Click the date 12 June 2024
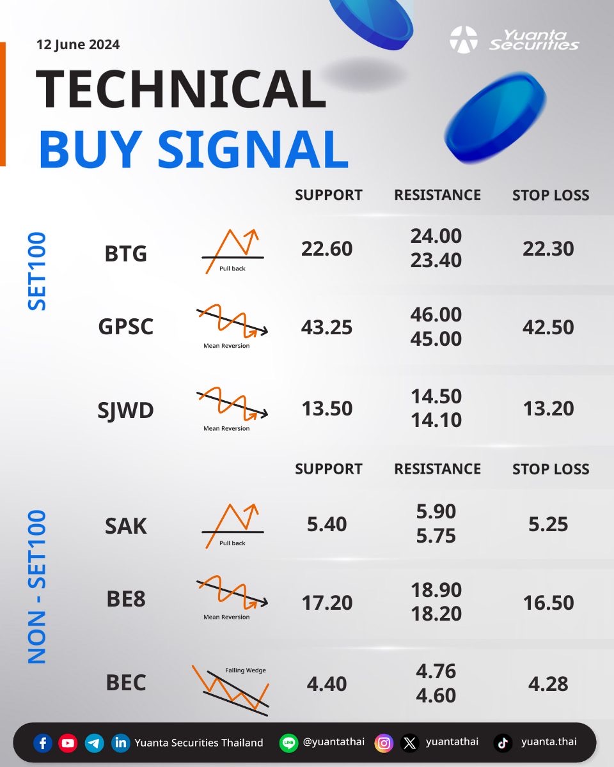(x=78, y=45)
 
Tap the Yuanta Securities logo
(x=514, y=40)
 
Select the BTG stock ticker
(x=125, y=253)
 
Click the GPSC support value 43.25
(x=326, y=327)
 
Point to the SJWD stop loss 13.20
(x=548, y=408)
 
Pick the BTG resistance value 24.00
(x=436, y=236)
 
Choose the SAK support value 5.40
(x=326, y=524)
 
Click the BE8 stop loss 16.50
(x=548, y=603)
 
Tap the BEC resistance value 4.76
(x=436, y=671)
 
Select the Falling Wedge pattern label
(x=246, y=670)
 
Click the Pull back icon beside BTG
(x=233, y=251)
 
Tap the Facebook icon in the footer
(x=43, y=743)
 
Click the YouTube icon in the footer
(x=68, y=743)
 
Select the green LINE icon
(x=288, y=743)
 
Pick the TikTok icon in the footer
(x=503, y=743)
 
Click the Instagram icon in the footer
(x=384, y=743)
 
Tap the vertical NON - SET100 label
(x=37, y=587)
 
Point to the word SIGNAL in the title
(x=253, y=149)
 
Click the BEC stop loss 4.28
(x=548, y=684)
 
